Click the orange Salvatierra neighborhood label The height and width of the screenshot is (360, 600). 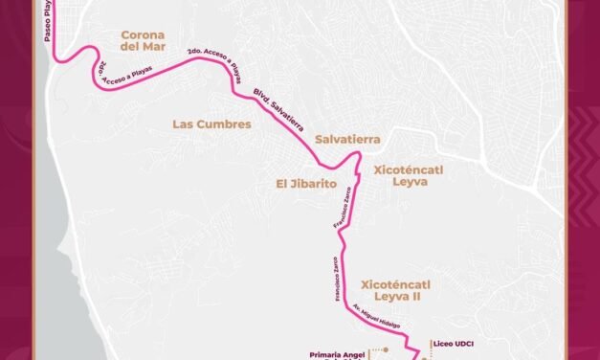(347, 139)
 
